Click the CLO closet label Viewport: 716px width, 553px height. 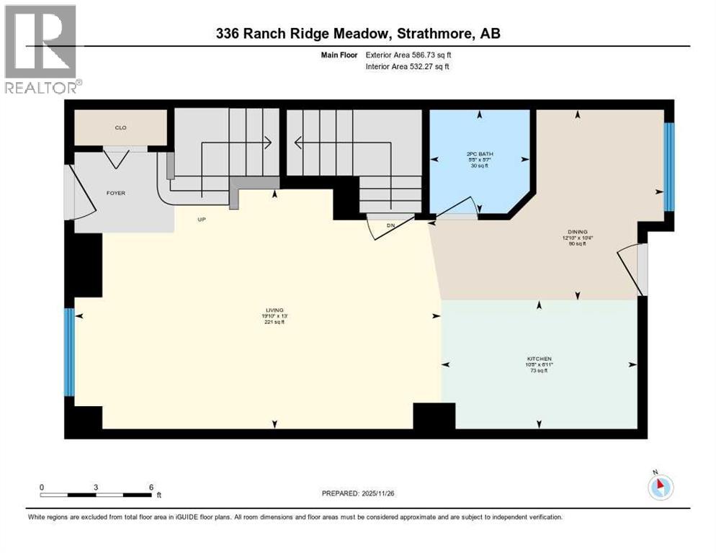(121, 127)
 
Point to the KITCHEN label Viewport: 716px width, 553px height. (539, 359)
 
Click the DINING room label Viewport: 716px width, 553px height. (578, 230)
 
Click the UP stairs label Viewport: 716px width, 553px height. (202, 219)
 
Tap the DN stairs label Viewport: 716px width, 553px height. (391, 225)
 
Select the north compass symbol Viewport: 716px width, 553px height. (661, 487)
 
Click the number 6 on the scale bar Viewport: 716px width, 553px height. (151, 487)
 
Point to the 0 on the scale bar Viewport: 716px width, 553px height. (42, 487)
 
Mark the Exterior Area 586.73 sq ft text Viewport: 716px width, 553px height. (408, 54)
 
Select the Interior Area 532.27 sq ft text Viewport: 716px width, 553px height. (408, 67)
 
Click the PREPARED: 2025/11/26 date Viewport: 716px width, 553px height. (360, 493)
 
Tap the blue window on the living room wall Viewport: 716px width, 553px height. (69, 352)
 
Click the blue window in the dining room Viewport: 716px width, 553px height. (668, 166)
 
